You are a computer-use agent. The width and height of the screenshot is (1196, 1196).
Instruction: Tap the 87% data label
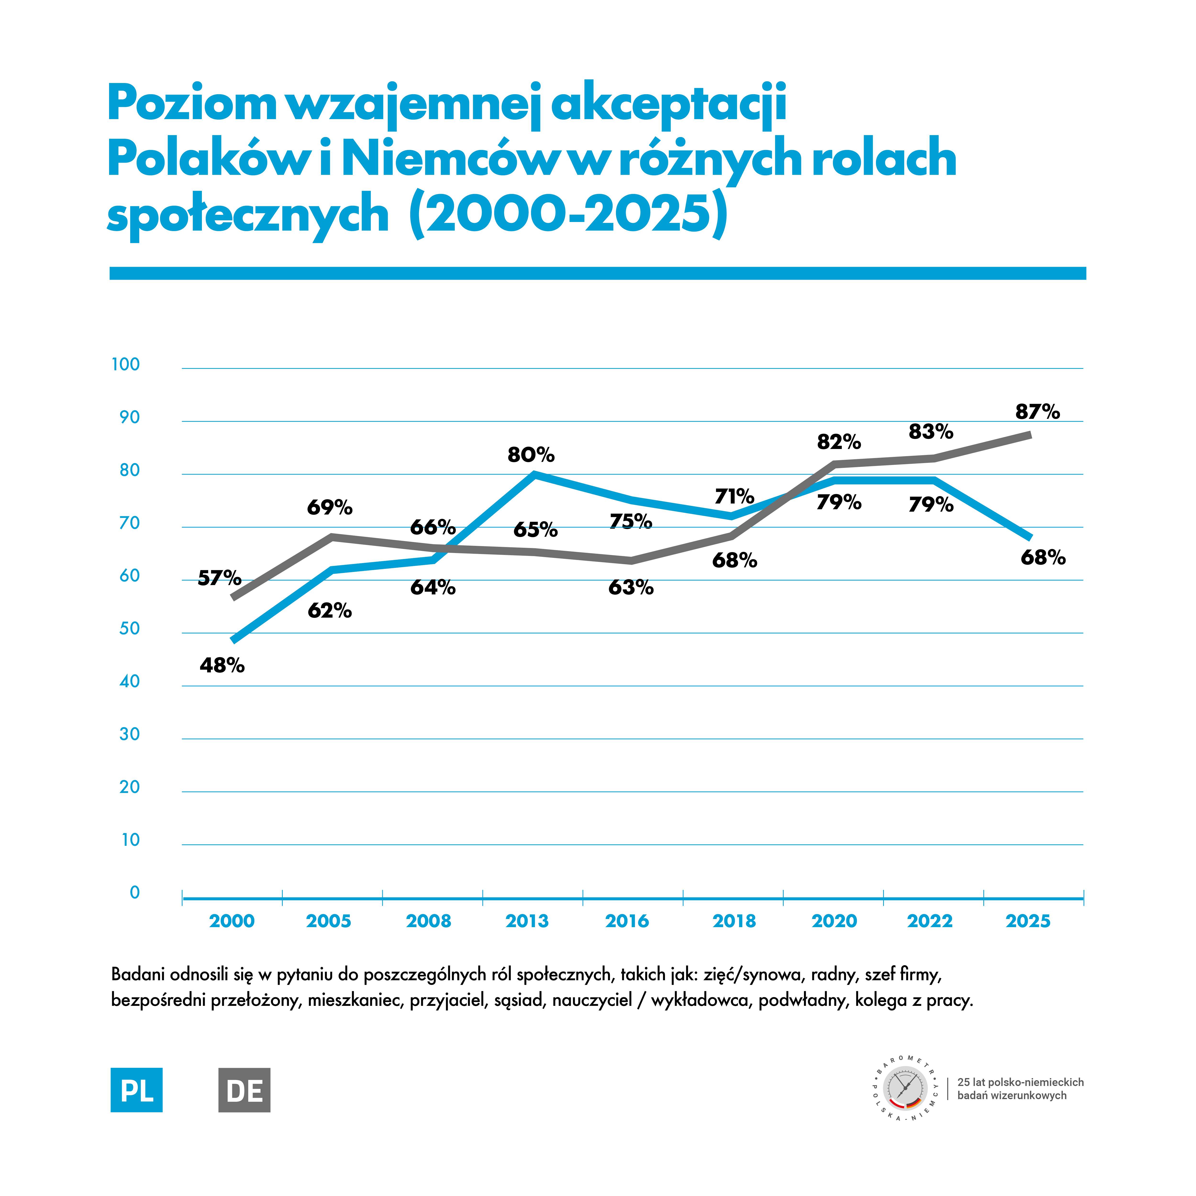click(x=1037, y=412)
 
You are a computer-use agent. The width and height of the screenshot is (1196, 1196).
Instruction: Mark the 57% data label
click(x=219, y=578)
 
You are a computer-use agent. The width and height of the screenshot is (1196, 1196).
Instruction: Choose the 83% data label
click(x=930, y=432)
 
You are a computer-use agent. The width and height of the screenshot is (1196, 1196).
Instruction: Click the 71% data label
click(x=734, y=497)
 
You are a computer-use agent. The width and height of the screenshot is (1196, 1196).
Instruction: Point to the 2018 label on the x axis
click(x=734, y=921)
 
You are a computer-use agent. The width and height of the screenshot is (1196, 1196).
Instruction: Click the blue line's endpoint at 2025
click(x=1030, y=537)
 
